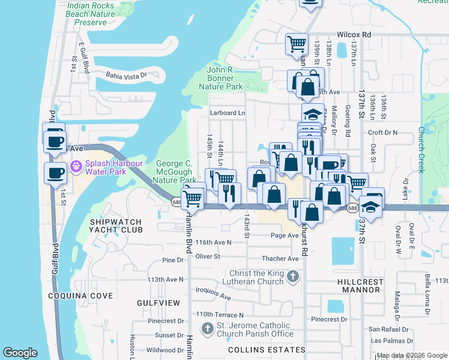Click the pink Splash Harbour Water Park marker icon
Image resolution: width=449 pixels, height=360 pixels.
[77, 166]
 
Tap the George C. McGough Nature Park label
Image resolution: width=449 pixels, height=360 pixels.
[176, 172]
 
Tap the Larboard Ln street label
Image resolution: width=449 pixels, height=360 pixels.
[228, 112]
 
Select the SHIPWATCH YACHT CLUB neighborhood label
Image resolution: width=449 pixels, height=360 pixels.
[116, 226]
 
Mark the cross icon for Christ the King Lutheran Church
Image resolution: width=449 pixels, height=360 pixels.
[292, 277]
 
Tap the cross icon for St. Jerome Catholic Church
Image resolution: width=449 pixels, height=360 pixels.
[207, 329]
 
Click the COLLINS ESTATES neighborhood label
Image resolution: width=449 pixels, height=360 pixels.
[259, 350]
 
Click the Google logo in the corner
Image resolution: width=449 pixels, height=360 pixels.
[20, 353]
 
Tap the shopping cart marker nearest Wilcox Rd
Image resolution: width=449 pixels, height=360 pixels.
[297, 44]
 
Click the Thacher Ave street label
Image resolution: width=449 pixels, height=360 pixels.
[280, 259]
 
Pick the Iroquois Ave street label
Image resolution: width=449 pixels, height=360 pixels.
[213, 296]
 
